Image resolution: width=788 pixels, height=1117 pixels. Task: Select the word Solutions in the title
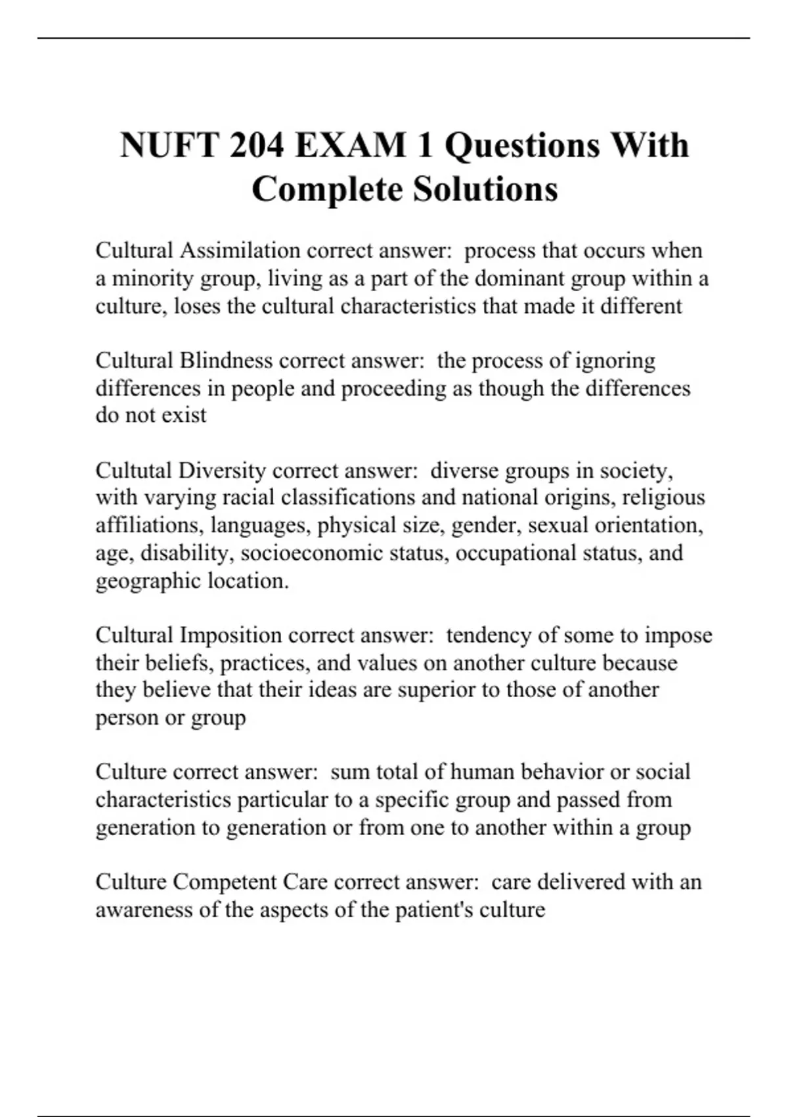(485, 189)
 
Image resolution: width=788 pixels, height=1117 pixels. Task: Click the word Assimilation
(240, 250)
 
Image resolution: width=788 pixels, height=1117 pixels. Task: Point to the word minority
(152, 279)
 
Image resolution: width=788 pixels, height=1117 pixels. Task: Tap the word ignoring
(615, 361)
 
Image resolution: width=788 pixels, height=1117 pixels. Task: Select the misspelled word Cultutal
(134, 470)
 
